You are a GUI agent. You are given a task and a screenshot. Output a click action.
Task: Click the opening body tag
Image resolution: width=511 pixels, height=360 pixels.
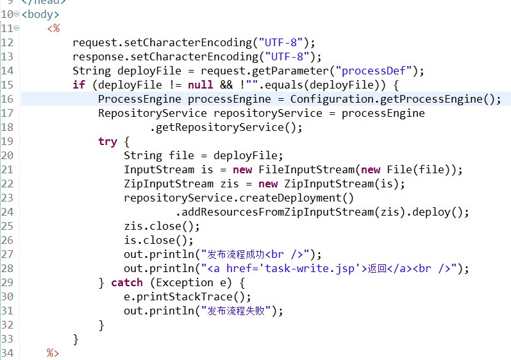click(40, 15)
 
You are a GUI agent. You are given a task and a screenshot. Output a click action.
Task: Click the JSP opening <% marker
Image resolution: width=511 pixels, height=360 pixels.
click(53, 28)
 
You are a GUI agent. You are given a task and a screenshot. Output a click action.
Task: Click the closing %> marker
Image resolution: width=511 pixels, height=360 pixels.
click(53, 353)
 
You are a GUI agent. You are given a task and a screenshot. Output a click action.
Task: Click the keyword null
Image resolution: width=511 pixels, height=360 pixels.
click(200, 85)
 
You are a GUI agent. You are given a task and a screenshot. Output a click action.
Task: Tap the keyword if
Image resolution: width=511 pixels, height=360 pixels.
click(79, 85)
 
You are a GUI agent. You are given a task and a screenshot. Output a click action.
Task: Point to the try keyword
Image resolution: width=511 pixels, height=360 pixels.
click(108, 142)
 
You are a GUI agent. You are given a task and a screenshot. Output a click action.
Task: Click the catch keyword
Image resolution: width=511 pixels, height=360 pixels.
click(127, 282)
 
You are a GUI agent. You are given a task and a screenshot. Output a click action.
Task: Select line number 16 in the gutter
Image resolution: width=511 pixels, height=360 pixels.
click(7, 99)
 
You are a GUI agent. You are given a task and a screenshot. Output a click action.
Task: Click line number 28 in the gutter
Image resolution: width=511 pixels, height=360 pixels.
click(7, 268)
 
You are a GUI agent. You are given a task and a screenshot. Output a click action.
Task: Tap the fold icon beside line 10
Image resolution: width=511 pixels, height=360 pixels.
click(16, 14)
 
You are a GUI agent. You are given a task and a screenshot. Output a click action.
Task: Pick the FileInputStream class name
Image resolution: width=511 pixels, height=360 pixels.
click(306, 169)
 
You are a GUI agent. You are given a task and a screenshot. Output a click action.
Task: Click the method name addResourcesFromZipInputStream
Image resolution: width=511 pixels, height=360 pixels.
click(278, 212)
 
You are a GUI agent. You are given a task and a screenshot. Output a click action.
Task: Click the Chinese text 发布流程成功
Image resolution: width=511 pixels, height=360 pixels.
click(236, 254)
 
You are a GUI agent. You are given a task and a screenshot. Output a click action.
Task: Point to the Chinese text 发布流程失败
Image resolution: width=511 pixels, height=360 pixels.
click(236, 311)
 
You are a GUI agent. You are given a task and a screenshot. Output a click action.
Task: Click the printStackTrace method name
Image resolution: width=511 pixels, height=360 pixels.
click(185, 296)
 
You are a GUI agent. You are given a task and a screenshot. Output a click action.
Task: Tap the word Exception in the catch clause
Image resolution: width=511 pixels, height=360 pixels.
click(185, 282)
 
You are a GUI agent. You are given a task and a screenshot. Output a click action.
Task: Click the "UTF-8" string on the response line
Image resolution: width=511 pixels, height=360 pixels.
click(287, 56)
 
